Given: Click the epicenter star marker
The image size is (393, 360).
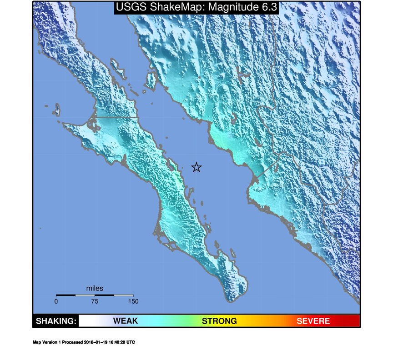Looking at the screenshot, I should tap(196, 167).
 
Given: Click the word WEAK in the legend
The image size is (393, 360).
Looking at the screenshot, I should tap(126, 321).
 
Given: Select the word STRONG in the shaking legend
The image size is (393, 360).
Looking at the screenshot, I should tap(219, 321).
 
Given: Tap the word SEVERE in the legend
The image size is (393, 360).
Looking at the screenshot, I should tap(313, 321).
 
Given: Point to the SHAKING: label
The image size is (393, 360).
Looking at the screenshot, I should tap(56, 321).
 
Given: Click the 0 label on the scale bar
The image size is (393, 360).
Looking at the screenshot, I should tap(56, 301).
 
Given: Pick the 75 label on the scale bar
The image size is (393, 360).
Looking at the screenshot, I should tap(95, 301).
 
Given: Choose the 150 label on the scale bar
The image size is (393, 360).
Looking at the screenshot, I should tap(133, 301).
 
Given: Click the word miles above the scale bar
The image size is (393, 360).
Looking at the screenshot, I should tap(95, 288).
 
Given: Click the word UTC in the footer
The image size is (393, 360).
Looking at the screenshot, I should tap(131, 342).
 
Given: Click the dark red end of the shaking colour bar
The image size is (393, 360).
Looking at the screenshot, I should tap(355, 321).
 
